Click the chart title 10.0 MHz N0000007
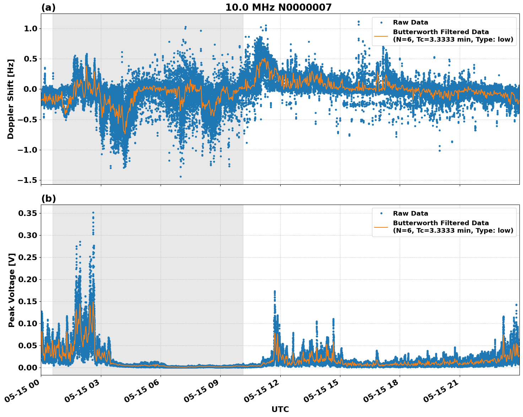278,7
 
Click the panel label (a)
48,7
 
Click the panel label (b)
48,199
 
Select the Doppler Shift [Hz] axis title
11,99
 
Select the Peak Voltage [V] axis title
12,290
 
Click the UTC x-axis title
280,409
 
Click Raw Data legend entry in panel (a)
410,22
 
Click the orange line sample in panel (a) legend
381,36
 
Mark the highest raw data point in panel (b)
93,212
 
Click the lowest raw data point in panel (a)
180,176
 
